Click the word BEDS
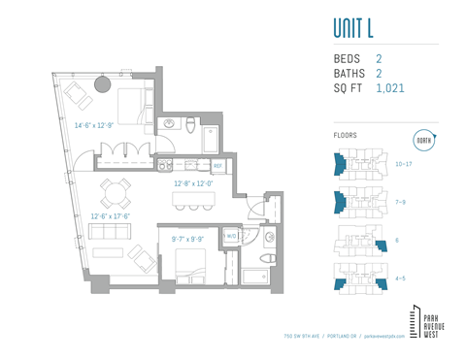click(x=349, y=59)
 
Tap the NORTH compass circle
click(x=423, y=140)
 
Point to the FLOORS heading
click(x=345, y=136)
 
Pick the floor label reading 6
click(x=398, y=240)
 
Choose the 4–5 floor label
click(x=401, y=278)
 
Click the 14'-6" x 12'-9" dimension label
click(x=94, y=125)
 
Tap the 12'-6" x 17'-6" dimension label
click(x=112, y=216)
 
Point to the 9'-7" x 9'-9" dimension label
click(x=188, y=238)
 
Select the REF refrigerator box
click(x=217, y=166)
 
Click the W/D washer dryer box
click(x=230, y=237)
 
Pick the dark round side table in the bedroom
click(x=102, y=84)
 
